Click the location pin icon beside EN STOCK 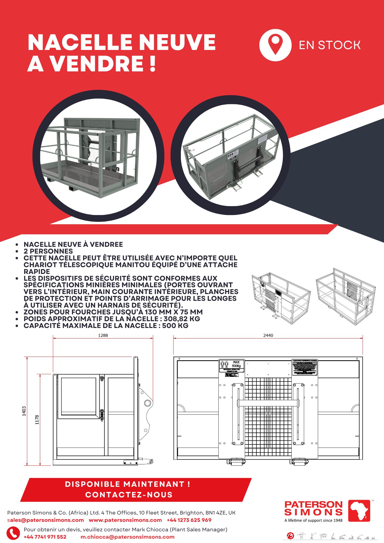point(275,45)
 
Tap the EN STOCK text point(329,45)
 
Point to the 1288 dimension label point(103,335)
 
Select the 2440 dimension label point(268,335)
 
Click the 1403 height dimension point(24,411)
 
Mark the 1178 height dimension point(37,420)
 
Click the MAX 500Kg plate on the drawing point(232,366)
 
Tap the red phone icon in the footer point(13,533)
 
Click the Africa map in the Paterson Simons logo point(359,511)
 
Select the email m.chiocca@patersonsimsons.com point(127,537)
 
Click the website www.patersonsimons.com point(125,520)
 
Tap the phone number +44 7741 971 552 point(45,537)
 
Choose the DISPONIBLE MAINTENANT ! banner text point(128,484)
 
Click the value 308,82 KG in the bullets point(182,319)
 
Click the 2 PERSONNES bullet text point(48,251)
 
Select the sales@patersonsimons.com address point(45,520)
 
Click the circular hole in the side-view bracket point(147,403)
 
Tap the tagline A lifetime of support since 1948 point(313,520)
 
